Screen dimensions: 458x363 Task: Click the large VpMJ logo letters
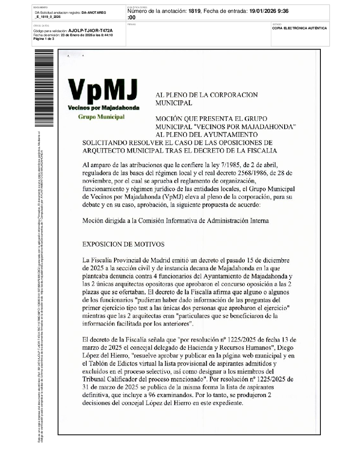click(x=102, y=90)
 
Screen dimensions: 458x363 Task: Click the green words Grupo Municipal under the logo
click(x=101, y=117)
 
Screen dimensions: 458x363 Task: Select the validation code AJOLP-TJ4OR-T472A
click(x=90, y=30)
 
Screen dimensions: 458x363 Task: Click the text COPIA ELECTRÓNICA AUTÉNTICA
click(x=299, y=28)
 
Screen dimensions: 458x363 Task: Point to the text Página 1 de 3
click(x=44, y=39)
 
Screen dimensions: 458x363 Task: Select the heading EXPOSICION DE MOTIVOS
click(x=123, y=244)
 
